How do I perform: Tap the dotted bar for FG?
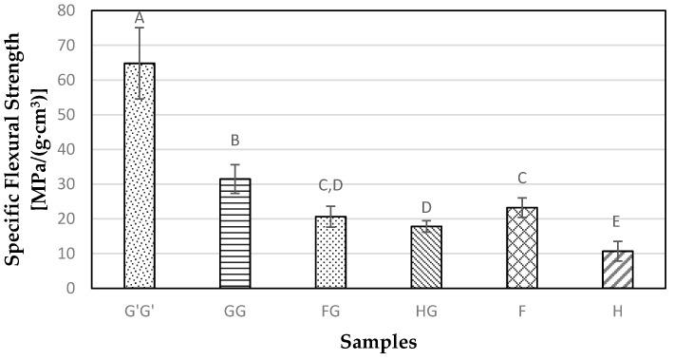pyautogui.click(x=330, y=253)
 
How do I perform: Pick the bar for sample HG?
pyautogui.click(x=426, y=257)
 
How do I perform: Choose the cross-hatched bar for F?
pyautogui.click(x=521, y=248)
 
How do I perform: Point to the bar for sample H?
pyautogui.click(x=617, y=270)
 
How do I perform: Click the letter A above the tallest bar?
pyautogui.click(x=140, y=17)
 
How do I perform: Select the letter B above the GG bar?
pyautogui.click(x=234, y=142)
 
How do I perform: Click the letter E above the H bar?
pyautogui.click(x=617, y=222)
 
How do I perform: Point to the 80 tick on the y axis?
pyautogui.click(x=66, y=10)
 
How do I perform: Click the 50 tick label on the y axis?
pyautogui.click(x=66, y=115)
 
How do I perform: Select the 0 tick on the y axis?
pyautogui.click(x=71, y=288)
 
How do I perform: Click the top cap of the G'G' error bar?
pyautogui.click(x=140, y=28)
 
